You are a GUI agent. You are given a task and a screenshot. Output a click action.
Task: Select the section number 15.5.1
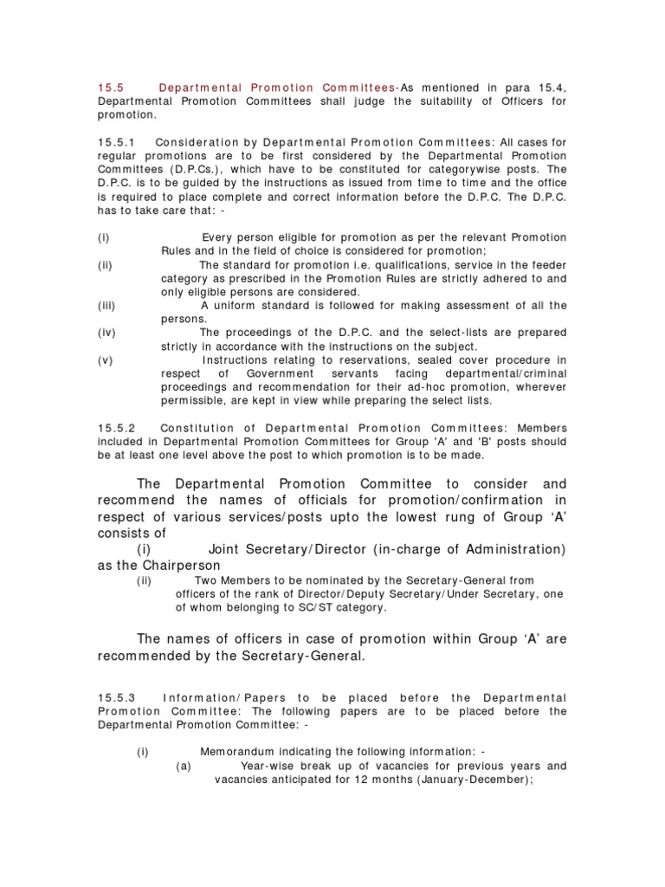pos(117,141)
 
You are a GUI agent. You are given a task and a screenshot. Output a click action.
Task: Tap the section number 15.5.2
pos(117,428)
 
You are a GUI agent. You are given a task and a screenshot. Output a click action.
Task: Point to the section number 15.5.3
pos(117,697)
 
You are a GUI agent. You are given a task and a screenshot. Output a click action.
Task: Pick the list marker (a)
pos(184,766)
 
